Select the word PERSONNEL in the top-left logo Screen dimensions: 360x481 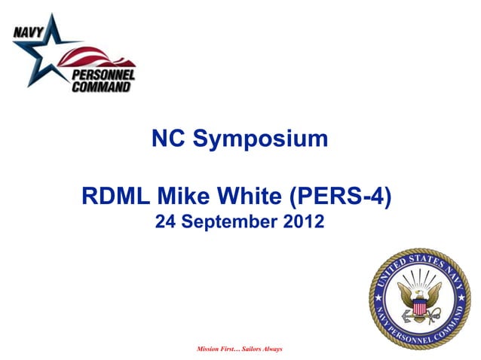(103, 74)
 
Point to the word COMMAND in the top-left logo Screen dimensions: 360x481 (102, 86)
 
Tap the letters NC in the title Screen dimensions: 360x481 (167, 139)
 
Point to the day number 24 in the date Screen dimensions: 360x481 (164, 223)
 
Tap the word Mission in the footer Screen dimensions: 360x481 (209, 349)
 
